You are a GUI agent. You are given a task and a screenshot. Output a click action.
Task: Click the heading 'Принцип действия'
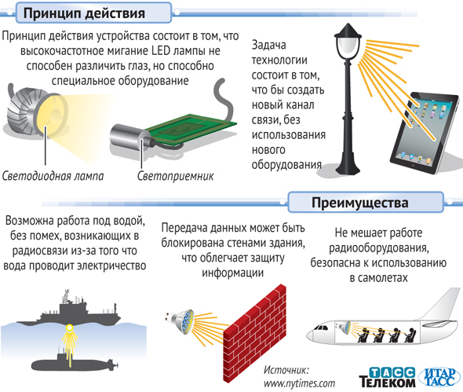coord(84,13)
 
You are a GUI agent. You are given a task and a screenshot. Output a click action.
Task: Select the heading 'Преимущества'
coord(360,203)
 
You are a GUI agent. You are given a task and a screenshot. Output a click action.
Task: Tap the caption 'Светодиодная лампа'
coord(53,176)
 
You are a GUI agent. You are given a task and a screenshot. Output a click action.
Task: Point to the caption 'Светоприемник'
coord(176,176)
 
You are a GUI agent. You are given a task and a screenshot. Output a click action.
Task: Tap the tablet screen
coord(425,131)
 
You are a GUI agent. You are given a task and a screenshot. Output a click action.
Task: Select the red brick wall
coord(254,332)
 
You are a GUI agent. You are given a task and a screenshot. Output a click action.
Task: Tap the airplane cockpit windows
coord(321,328)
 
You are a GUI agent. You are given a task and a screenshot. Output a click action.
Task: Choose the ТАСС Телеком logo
coord(388,377)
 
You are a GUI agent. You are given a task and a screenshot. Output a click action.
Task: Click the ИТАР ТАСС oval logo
coord(440,377)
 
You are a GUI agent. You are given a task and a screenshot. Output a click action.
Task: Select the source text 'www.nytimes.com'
coord(300,383)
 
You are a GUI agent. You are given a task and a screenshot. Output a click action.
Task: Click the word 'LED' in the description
coord(161,50)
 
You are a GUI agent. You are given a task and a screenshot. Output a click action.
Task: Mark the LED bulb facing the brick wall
coord(180,321)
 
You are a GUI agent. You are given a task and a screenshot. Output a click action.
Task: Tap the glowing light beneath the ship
coord(69,328)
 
